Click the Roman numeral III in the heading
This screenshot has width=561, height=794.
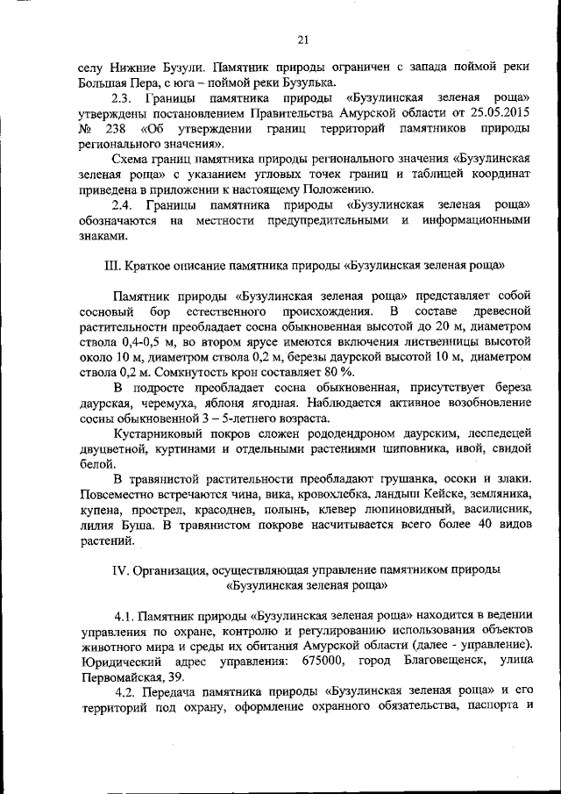click(111, 264)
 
